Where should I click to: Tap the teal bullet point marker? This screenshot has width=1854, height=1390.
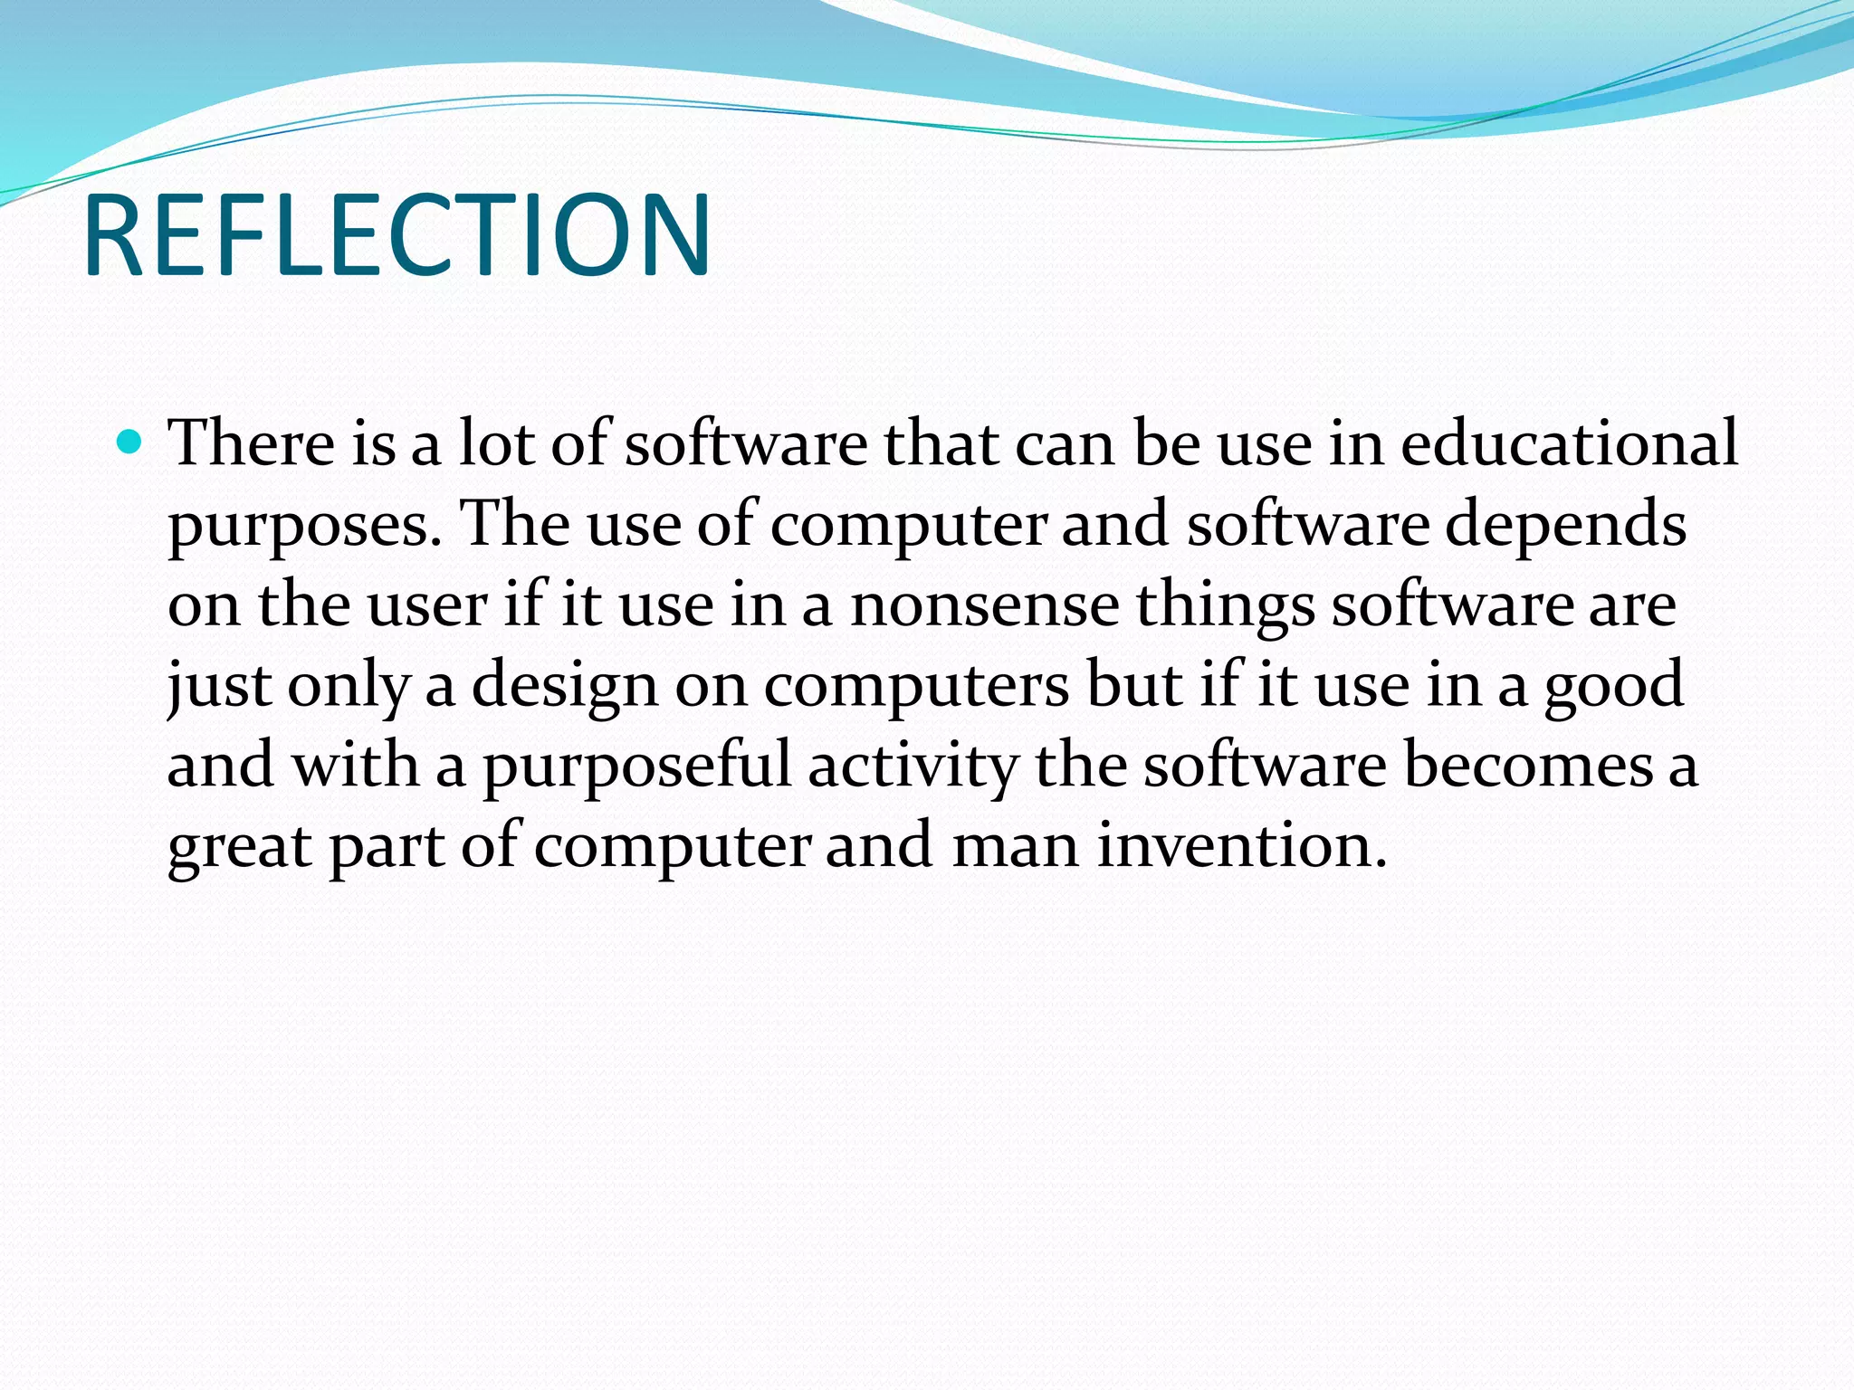pyautogui.click(x=130, y=443)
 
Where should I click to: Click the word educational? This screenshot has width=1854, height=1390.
pyautogui.click(x=1569, y=443)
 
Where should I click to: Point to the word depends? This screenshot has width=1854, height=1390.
pyautogui.click(x=1565, y=525)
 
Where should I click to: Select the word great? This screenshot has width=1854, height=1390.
pyautogui.click(x=240, y=847)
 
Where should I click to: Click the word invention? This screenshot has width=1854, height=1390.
pyautogui.click(x=1241, y=845)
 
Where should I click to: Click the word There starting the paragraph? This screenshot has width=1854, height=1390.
pyautogui.click(x=252, y=443)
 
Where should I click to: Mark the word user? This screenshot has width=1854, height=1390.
pyautogui.click(x=427, y=605)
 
